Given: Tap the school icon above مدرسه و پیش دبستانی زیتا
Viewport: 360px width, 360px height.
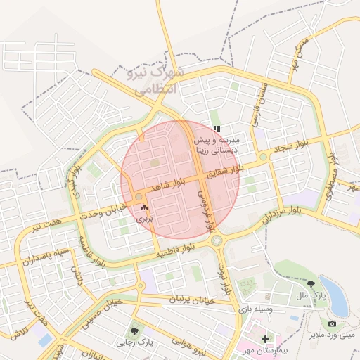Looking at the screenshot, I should coord(217,129).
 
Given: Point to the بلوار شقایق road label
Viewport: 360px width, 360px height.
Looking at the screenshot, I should coord(229,168).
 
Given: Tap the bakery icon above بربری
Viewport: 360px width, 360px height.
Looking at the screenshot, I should coord(144,208).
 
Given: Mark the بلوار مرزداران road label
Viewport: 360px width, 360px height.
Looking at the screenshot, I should coord(276,212).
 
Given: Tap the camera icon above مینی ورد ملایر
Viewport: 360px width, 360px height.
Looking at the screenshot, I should coord(332,324).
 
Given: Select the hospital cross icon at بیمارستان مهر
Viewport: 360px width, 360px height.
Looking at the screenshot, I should coord(264,340).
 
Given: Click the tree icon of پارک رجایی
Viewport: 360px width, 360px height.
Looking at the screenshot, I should coord(134,330).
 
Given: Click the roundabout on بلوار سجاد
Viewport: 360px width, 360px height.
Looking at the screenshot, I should coord(263,157).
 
